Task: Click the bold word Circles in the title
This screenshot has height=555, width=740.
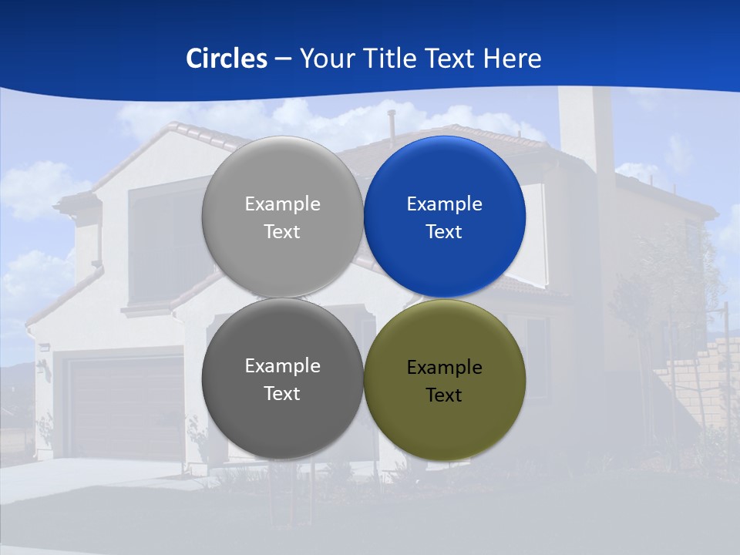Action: coord(227,59)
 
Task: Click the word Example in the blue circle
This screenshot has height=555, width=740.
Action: coord(444,204)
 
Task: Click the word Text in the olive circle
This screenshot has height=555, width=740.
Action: coord(444,395)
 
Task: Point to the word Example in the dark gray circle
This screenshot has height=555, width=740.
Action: coord(282,366)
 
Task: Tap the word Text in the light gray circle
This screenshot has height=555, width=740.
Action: coord(282,232)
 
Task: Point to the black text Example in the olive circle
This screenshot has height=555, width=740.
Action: coord(444,368)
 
